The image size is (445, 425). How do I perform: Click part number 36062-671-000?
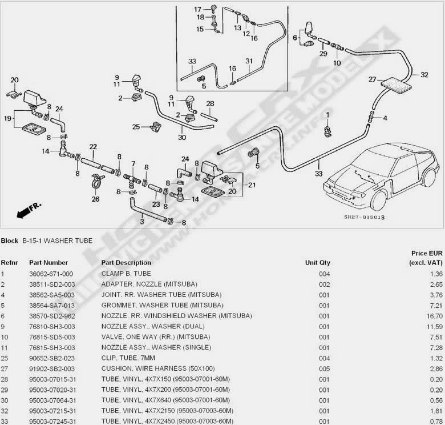coord(51,274)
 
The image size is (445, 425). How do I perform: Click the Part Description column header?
coord(126,263)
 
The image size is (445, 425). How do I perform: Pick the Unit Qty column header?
coord(317,263)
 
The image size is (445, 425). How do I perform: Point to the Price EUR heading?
coord(427,252)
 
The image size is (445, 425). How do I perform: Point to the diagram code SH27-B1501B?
coord(364,217)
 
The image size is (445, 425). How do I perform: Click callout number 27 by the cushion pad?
coord(372,79)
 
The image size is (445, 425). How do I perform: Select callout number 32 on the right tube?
coord(424,74)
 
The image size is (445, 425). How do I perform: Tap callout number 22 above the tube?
coord(92,147)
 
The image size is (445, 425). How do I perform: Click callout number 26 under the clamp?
coord(95,199)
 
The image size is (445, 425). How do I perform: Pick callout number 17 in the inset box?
coord(197,9)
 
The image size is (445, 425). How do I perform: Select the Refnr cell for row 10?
coord(4,336)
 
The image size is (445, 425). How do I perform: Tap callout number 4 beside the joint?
coord(385,118)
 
